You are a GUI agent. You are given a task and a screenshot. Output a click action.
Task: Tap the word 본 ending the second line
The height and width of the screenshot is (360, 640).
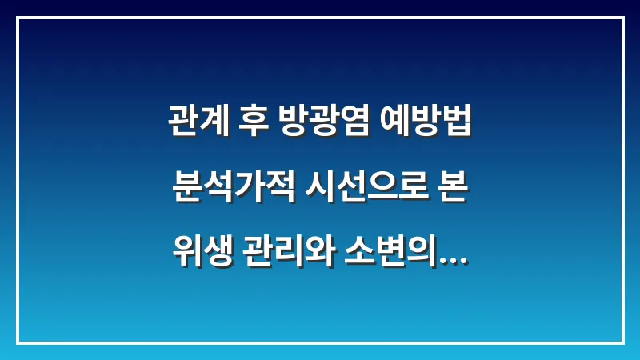(x=452, y=190)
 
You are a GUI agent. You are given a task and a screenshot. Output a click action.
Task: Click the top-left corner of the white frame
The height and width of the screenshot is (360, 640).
(x=18, y=18)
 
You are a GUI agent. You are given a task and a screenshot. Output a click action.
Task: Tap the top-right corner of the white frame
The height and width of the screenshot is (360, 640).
(x=622, y=18)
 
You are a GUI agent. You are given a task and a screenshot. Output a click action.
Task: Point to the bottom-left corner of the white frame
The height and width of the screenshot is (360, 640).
(x=18, y=342)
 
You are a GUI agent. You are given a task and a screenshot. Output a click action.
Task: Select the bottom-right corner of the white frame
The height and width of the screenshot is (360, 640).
(x=622, y=342)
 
